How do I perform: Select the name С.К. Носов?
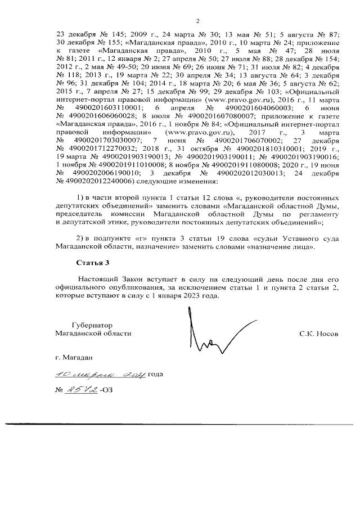tap(319, 334)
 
